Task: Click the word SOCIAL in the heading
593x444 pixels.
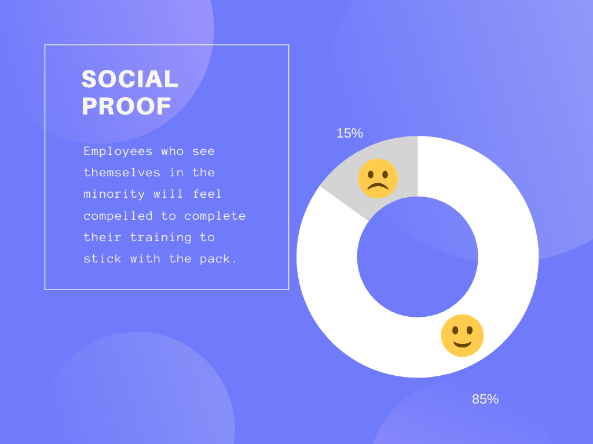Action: [x=130, y=79]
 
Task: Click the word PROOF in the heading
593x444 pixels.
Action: [x=126, y=106]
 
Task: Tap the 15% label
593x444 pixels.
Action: [x=349, y=133]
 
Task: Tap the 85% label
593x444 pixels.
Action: [x=485, y=399]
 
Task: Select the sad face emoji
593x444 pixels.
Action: [x=378, y=179]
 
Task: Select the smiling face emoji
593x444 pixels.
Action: [x=462, y=336]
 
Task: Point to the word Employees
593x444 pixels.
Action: [x=118, y=152]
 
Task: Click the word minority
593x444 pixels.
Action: [x=114, y=194]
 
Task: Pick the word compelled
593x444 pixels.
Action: [x=118, y=216]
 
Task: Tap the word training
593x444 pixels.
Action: [x=161, y=238]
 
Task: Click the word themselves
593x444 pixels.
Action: [x=122, y=172]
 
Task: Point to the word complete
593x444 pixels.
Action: [x=215, y=216]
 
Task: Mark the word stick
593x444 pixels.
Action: [x=103, y=258]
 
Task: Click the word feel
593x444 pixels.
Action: [x=207, y=194]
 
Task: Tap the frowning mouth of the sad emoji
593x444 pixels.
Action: [x=378, y=186]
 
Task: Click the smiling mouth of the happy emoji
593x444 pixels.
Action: [x=462, y=344]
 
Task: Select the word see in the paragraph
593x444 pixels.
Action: [x=203, y=152]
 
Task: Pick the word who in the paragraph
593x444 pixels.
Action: [x=173, y=151]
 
